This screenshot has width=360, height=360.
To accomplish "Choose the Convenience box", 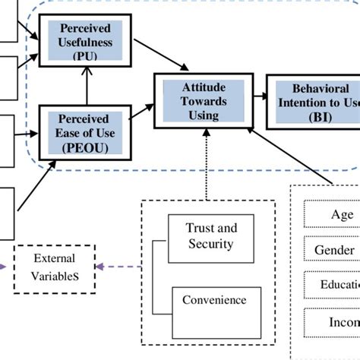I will click(x=213, y=300).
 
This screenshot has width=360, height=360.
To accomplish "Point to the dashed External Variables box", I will click(x=55, y=269).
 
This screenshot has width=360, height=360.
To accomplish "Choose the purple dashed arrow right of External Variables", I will click(x=120, y=267).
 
